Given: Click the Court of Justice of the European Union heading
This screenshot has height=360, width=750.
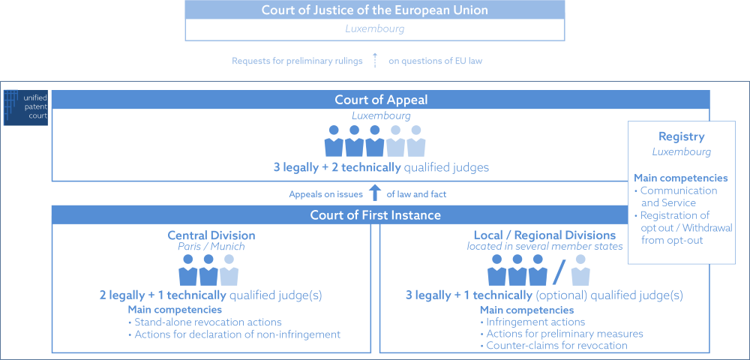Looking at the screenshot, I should tap(374, 10).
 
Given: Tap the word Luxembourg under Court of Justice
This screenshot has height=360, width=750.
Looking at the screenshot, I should tap(374, 29).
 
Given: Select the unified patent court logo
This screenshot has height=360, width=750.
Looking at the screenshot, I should tap(25, 107).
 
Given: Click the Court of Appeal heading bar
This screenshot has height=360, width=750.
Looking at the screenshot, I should tap(380, 100).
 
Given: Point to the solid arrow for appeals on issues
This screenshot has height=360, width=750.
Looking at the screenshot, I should tap(375, 194).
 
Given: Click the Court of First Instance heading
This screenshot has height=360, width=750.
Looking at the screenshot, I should tap(375, 215).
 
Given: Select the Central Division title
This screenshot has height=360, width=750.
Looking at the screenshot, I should tap(211, 235).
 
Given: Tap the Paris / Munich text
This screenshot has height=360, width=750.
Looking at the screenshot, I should tap(211, 247).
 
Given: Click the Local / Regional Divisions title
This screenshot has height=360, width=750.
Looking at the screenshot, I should tap(544, 235).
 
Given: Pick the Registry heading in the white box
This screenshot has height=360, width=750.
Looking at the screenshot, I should tap(681, 136).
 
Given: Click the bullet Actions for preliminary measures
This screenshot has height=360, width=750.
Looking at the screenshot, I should tap(562, 334).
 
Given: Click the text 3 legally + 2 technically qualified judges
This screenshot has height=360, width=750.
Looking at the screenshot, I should tap(381, 167).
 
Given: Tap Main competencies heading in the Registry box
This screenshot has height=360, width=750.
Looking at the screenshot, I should tap(680, 178).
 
